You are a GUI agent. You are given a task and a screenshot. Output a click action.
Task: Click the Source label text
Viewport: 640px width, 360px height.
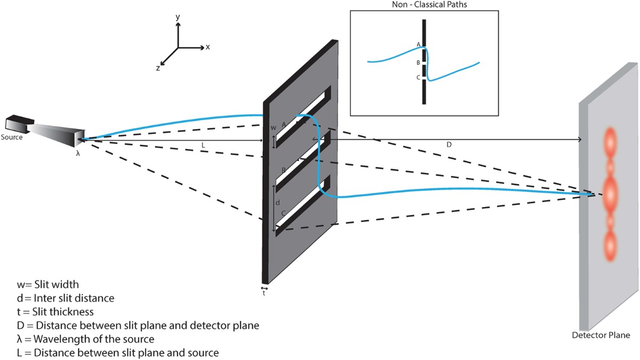(x=12, y=137)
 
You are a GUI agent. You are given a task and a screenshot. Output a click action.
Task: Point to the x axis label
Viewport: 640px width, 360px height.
(x=208, y=47)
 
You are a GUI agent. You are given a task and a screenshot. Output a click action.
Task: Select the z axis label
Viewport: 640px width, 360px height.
(x=158, y=68)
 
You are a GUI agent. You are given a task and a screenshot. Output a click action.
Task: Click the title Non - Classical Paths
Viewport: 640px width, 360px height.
(x=425, y=5)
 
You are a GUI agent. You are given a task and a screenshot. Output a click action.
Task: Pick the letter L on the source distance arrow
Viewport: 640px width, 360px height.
(x=204, y=145)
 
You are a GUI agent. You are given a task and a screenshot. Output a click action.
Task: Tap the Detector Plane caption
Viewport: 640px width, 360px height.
(x=601, y=335)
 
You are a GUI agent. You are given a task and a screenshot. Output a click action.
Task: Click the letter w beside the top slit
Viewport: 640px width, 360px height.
(x=273, y=128)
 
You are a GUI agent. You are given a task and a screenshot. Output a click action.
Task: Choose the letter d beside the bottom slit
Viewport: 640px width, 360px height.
(x=277, y=203)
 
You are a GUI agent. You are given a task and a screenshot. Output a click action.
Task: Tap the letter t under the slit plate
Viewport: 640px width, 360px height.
(x=264, y=293)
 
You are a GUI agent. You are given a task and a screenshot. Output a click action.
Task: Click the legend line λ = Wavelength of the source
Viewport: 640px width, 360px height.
(x=86, y=339)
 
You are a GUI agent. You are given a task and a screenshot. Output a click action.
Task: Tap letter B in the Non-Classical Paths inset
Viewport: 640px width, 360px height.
(x=418, y=62)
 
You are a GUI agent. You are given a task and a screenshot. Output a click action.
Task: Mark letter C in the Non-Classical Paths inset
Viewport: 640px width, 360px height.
(x=418, y=78)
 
